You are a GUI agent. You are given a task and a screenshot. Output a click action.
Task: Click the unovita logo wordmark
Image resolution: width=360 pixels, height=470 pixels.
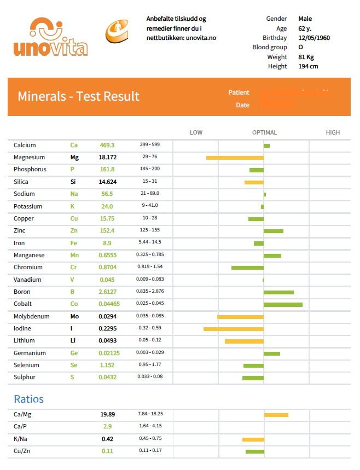point(50,47)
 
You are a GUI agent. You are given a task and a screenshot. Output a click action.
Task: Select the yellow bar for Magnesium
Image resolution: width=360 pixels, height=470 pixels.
point(235,158)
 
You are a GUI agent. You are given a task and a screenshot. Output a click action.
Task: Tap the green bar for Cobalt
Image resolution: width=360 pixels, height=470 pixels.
point(283,304)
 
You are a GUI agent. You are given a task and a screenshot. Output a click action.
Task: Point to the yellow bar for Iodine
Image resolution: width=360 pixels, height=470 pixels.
point(234,329)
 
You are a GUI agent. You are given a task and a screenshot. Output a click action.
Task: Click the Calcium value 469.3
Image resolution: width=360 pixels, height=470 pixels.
point(107,145)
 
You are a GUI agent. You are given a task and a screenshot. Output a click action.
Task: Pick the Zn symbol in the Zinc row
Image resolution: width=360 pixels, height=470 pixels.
point(74,231)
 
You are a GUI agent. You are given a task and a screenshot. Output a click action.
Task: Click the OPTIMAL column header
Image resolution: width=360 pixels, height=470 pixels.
point(264,132)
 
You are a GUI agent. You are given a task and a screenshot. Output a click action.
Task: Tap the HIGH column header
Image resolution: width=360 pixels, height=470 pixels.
point(333,132)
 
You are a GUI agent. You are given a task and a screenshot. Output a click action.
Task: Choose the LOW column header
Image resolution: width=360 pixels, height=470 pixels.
point(196,132)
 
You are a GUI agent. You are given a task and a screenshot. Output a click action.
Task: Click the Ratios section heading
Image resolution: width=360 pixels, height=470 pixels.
point(28,399)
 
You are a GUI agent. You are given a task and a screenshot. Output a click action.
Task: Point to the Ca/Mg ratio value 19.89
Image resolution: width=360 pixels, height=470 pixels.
point(107,414)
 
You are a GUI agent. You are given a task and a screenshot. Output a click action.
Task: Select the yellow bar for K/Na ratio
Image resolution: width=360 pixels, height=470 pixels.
point(253,439)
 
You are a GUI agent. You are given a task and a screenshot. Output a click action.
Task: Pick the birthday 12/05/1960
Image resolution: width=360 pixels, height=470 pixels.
point(314,38)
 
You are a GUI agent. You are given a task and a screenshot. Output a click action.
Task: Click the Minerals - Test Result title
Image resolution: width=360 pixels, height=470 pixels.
point(78,96)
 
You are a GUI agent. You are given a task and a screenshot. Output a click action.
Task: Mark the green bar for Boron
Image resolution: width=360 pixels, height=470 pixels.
point(278,292)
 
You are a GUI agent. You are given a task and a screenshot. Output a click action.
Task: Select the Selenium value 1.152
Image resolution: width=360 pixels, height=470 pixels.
point(107,365)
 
